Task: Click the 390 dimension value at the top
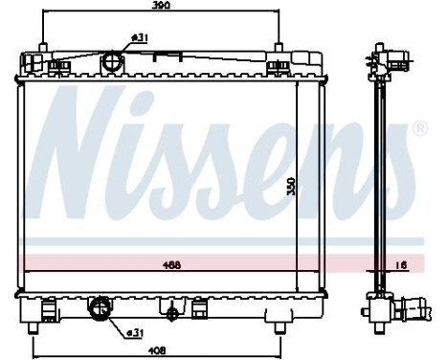[x=161, y=7]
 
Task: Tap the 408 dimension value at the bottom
[x=156, y=351]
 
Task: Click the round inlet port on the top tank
[x=115, y=63]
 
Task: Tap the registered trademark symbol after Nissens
[x=419, y=127]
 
